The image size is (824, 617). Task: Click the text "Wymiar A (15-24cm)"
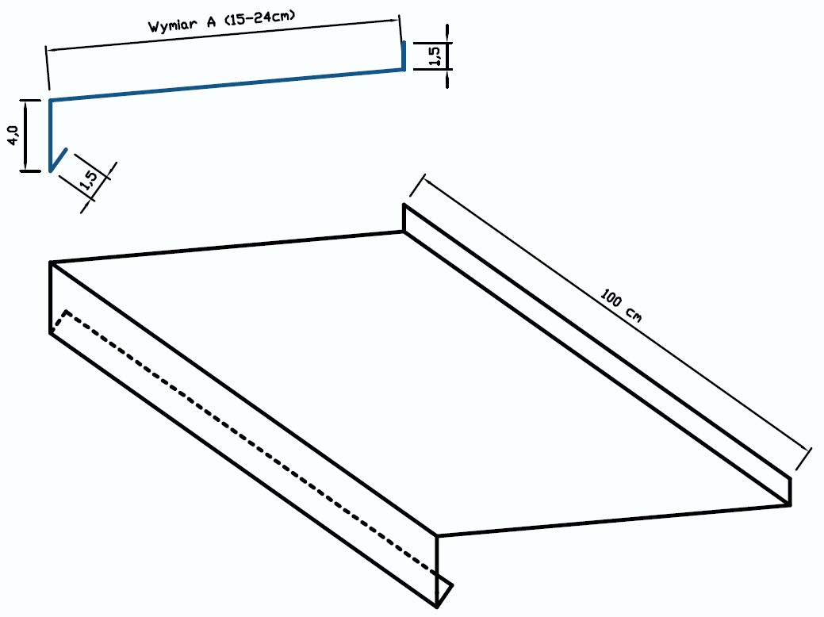pyautogui.click(x=221, y=21)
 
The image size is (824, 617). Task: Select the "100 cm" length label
pyautogui.click(x=621, y=305)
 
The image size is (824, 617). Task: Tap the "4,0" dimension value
pyautogui.click(x=13, y=135)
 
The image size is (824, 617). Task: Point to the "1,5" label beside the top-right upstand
pyautogui.click(x=435, y=56)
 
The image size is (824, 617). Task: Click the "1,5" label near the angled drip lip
pyautogui.click(x=88, y=179)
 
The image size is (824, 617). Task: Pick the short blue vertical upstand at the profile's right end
pyautogui.click(x=404, y=56)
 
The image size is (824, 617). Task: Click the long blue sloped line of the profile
pyautogui.click(x=227, y=84)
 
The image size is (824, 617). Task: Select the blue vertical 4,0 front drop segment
pyautogui.click(x=51, y=135)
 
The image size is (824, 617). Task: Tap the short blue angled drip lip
pyautogui.click(x=59, y=159)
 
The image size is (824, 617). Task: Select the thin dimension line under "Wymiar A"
pyautogui.click(x=224, y=36)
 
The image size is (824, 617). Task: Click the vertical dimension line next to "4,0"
pyautogui.click(x=25, y=135)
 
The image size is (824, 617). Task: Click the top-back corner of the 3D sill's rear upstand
pyautogui.click(x=404, y=204)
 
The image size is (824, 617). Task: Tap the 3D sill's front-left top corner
pyautogui.click(x=51, y=262)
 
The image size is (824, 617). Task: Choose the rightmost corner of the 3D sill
pyautogui.click(x=791, y=505)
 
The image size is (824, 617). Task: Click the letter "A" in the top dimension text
pyautogui.click(x=211, y=22)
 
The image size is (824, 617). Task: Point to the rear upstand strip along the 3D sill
pyautogui.click(x=597, y=354)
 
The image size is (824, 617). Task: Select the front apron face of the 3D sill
pyautogui.click(x=243, y=435)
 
